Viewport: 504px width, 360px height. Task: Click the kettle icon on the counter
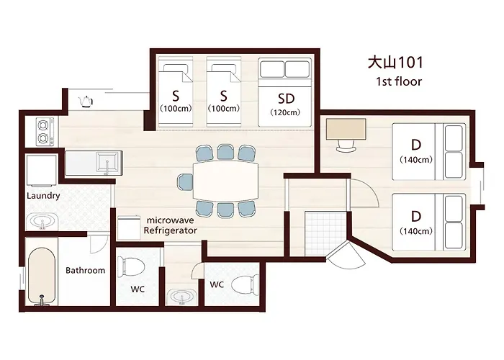point(86,102)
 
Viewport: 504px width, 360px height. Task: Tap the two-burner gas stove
point(45,132)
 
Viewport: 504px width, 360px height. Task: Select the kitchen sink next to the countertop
point(107,163)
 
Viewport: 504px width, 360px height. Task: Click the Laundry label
point(43,196)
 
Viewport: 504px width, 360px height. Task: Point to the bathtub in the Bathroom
point(42,276)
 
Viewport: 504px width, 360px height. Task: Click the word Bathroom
point(85,270)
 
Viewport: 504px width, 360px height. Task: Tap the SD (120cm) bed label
point(285,104)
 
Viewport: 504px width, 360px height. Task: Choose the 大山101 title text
point(395,63)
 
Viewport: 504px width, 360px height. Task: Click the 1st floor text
point(399,81)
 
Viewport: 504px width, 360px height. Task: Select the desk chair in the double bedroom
point(346,145)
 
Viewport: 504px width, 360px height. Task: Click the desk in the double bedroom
point(346,129)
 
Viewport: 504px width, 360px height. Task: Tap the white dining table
point(225,181)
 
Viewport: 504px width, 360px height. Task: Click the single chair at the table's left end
point(185,182)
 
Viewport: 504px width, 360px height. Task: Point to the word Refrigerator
point(171,230)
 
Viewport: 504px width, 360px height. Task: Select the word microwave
point(171,220)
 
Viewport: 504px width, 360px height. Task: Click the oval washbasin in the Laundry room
point(42,221)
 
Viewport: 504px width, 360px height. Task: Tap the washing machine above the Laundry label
point(41,171)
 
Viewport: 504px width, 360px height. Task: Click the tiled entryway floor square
point(325,233)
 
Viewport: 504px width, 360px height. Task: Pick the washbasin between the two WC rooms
point(183,297)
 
